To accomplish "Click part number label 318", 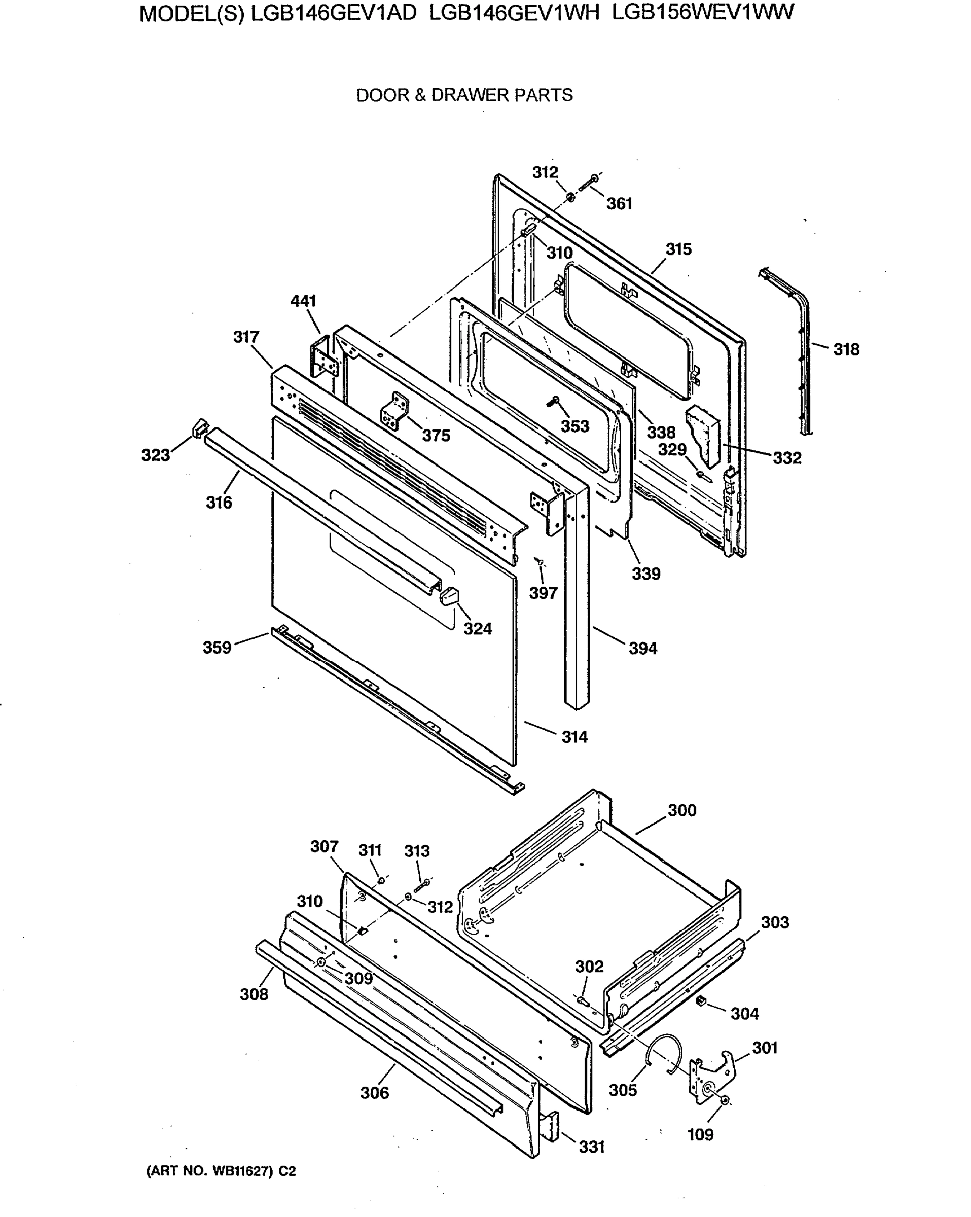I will [846, 350].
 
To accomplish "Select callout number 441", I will [303, 301].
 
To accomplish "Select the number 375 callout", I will [436, 435].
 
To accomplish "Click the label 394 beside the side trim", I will [642, 649].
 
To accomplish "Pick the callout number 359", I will [218, 648].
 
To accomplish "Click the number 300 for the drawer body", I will [681, 811].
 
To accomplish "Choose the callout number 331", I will [591, 1147].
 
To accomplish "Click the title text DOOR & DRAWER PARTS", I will [464, 95].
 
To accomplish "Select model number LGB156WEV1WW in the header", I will [702, 12].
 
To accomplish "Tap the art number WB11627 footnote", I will [221, 1171].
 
